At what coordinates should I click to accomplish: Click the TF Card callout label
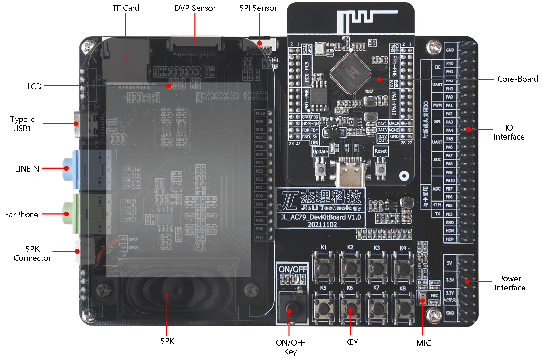pyautogui.click(x=126, y=8)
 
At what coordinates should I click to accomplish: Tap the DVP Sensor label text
pyautogui.click(x=195, y=8)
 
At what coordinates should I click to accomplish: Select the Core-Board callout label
pyautogui.click(x=518, y=79)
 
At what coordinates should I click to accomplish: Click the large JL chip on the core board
pyautogui.click(x=351, y=72)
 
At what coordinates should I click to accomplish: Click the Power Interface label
pyautogui.click(x=510, y=283)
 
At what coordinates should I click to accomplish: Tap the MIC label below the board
pyautogui.click(x=423, y=343)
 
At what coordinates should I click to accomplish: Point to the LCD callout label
pyautogui.click(x=34, y=86)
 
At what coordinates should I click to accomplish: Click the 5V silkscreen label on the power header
pyautogui.click(x=449, y=263)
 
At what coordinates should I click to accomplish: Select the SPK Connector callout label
pyautogui.click(x=32, y=254)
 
